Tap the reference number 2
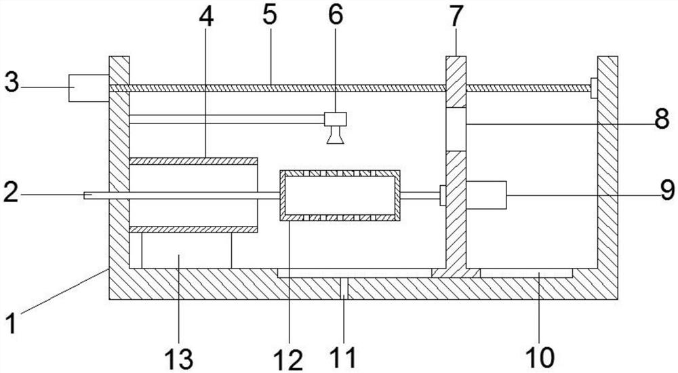coord(10,195)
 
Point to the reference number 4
coord(206,16)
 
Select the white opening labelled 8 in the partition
coord(456,129)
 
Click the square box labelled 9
coord(486,195)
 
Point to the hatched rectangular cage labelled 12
coord(340,195)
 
